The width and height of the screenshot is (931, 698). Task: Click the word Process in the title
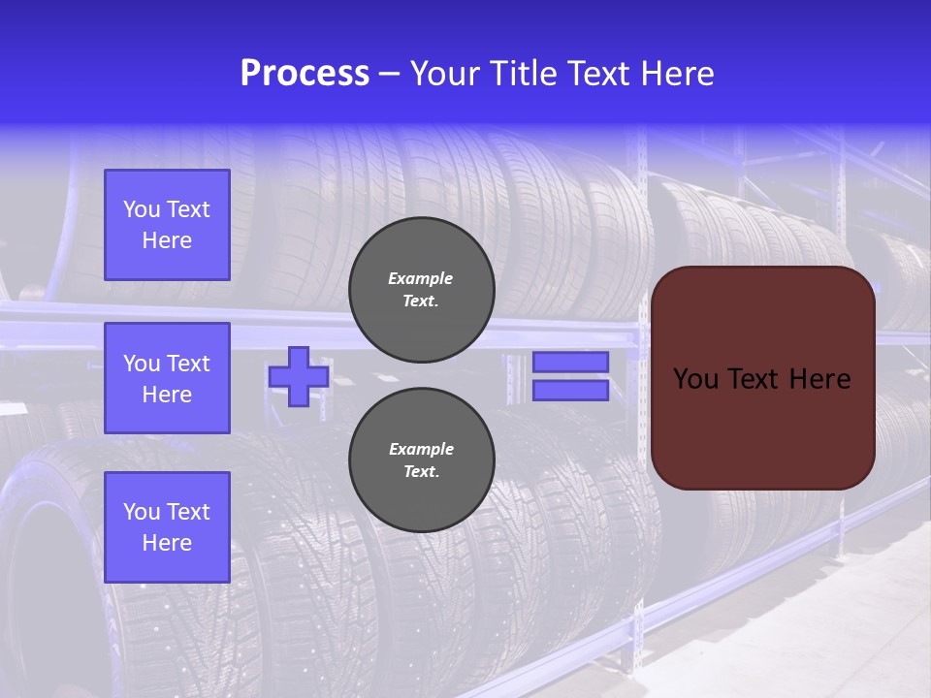click(305, 74)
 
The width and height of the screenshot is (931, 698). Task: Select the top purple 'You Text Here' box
click(167, 225)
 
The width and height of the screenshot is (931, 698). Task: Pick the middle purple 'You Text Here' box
click(167, 378)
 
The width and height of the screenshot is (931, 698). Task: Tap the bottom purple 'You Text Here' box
click(167, 526)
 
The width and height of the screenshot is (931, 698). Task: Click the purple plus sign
click(299, 376)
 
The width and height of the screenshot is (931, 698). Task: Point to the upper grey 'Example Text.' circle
click(421, 289)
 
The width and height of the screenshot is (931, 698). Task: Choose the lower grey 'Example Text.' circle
click(421, 460)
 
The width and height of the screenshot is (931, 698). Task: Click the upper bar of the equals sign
click(570, 362)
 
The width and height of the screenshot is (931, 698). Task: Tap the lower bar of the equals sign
click(570, 390)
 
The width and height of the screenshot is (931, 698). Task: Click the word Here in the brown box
click(820, 379)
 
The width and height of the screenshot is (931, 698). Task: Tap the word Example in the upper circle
click(421, 278)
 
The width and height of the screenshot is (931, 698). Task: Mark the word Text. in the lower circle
click(421, 472)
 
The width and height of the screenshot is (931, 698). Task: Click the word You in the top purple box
click(141, 209)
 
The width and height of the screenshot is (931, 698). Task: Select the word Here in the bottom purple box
click(167, 543)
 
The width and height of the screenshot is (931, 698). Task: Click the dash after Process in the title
click(389, 74)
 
